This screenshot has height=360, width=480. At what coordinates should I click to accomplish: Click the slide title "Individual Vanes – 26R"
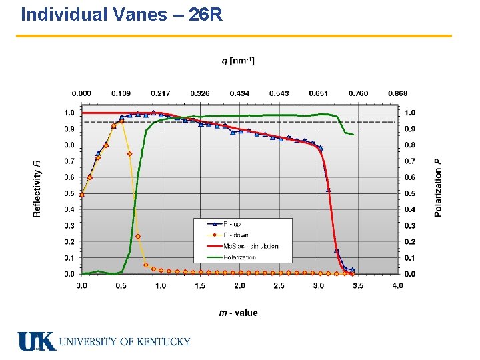(x=121, y=15)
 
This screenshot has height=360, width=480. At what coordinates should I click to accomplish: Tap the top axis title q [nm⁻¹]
(x=238, y=61)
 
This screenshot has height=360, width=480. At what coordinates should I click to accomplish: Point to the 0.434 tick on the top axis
(x=239, y=93)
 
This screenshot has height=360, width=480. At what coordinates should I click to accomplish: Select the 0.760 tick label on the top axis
(x=358, y=93)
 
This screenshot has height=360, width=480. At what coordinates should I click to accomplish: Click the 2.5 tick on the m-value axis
(x=279, y=285)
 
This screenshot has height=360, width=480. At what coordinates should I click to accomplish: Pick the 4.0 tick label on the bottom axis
(x=397, y=285)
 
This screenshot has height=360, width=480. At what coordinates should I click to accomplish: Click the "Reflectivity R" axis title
(x=37, y=189)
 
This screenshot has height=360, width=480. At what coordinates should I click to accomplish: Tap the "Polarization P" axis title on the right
(x=438, y=187)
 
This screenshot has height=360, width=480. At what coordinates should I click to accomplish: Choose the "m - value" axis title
(x=238, y=313)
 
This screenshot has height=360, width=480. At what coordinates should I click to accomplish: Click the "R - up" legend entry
(x=224, y=224)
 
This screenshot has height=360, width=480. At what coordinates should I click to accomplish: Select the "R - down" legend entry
(x=228, y=235)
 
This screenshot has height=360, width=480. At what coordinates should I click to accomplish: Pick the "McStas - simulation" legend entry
(x=243, y=246)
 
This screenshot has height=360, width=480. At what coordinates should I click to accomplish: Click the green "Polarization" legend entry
(x=232, y=257)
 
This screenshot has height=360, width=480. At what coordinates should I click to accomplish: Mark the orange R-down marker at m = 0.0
(x=82, y=195)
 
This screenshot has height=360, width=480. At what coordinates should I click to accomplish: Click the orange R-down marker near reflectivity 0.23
(x=138, y=236)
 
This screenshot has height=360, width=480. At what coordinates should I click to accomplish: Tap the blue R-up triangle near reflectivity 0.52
(x=328, y=190)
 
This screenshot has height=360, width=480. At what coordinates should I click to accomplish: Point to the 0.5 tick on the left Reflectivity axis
(x=69, y=193)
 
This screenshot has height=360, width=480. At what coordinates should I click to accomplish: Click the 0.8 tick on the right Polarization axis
(x=410, y=145)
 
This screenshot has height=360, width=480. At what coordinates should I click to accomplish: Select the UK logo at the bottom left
(x=37, y=341)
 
